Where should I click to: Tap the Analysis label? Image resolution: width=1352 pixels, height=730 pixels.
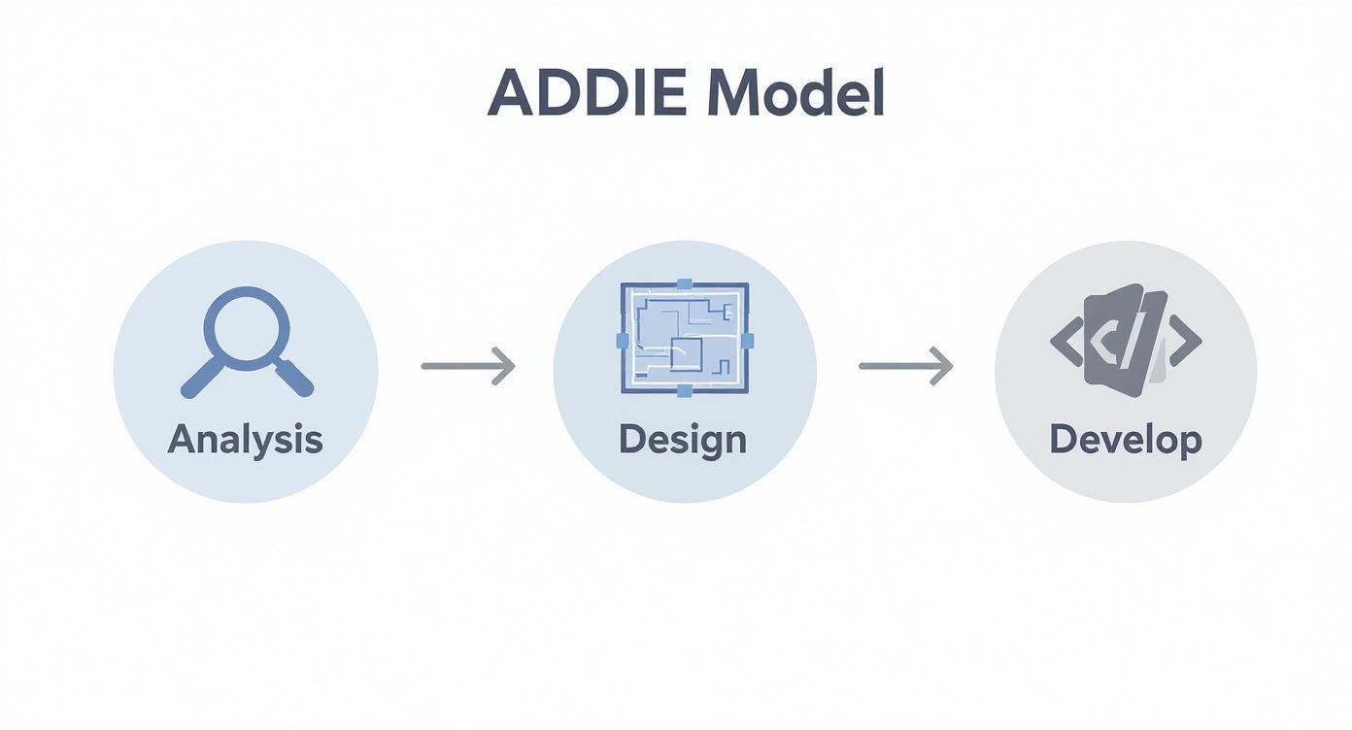pyautogui.click(x=245, y=440)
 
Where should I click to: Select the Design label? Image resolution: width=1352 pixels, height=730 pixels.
pyautogui.click(x=683, y=440)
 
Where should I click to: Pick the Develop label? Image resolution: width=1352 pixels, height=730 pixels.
pyautogui.click(x=1126, y=440)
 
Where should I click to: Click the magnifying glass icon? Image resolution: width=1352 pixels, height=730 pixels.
pyautogui.click(x=247, y=340)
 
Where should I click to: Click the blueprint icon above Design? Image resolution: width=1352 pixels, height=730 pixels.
pyautogui.click(x=684, y=339)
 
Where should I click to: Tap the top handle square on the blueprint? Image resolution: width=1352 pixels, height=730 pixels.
pyautogui.click(x=684, y=284)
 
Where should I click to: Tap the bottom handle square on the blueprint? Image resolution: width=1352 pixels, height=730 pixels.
pyautogui.click(x=684, y=391)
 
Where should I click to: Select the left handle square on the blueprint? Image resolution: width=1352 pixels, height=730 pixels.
pyautogui.click(x=623, y=341)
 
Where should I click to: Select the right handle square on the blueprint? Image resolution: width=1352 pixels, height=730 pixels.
pyautogui.click(x=747, y=339)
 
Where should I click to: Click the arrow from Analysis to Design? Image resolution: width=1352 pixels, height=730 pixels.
pyautogui.click(x=467, y=366)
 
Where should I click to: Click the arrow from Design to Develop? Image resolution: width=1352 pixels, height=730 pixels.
pyautogui.click(x=905, y=366)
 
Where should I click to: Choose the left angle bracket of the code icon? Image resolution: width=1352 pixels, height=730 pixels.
pyautogui.click(x=1066, y=341)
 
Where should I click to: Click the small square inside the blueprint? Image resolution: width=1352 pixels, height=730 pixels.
pyautogui.click(x=686, y=353)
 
